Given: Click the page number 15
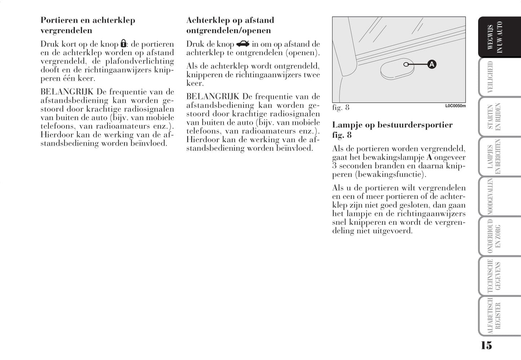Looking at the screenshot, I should (x=486, y=345).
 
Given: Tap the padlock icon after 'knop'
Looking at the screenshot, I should (x=123, y=44).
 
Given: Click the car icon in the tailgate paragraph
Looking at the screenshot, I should (x=243, y=44).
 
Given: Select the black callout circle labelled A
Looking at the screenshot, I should (x=432, y=65).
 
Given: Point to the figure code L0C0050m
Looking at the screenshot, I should (x=455, y=106).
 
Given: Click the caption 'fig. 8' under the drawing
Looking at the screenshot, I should (x=341, y=107).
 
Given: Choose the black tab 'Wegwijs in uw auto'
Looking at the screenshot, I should (x=499, y=37).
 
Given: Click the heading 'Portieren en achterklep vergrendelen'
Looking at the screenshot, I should (x=88, y=25).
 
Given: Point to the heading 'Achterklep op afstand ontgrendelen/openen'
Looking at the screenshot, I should (x=230, y=25).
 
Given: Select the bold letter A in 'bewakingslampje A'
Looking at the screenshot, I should (x=429, y=158).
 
